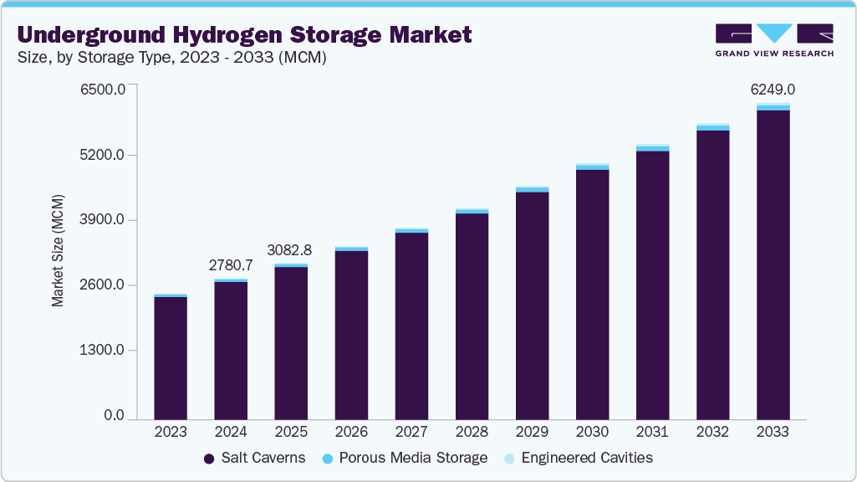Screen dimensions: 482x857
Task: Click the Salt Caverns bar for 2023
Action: [x=171, y=357]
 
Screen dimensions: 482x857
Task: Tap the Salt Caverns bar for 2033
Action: [x=773, y=264]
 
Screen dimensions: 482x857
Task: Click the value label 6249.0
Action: [x=773, y=90]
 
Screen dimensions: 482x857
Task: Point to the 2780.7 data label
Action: [x=230, y=265]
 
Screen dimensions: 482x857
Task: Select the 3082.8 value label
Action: [x=290, y=249]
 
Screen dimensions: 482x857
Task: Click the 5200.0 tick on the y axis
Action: [x=102, y=155]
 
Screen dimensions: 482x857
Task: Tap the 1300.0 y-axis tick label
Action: [x=102, y=350]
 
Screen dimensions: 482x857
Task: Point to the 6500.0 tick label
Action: [x=102, y=89]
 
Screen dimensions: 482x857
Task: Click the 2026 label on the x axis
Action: [x=351, y=432]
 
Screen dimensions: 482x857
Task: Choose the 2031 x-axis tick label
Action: [x=652, y=432]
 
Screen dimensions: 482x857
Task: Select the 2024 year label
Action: [x=231, y=432]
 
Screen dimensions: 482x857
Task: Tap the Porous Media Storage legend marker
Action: [x=328, y=459]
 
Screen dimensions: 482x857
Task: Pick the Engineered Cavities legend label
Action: [x=586, y=458]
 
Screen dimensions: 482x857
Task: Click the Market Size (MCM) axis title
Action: [x=58, y=257]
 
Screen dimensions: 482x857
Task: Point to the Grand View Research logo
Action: [x=773, y=39]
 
